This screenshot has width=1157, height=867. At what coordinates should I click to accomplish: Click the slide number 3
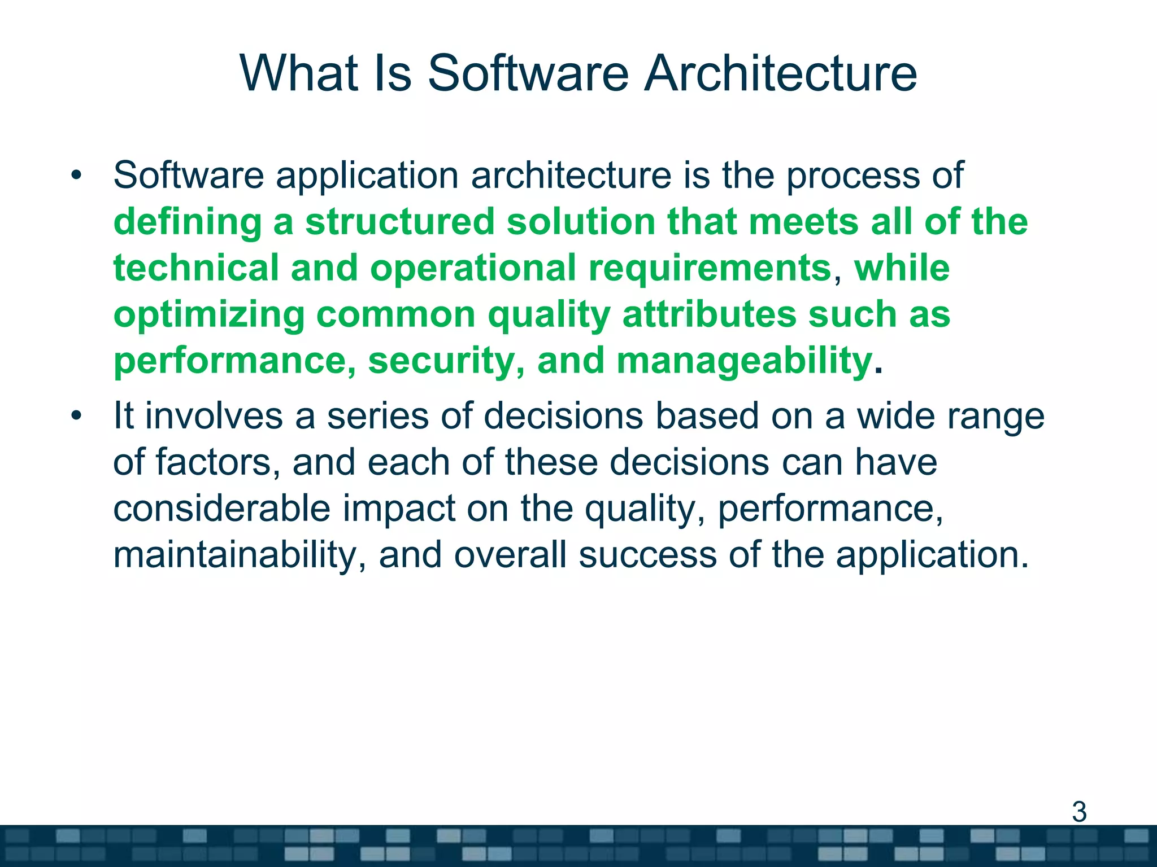pos(1079,812)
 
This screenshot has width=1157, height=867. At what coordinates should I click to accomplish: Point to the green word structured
pos(400,222)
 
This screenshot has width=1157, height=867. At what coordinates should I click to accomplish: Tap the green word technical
pos(195,268)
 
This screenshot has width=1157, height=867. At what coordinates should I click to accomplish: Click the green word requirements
pos(710,269)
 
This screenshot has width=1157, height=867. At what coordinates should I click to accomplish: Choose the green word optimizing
pos(208,315)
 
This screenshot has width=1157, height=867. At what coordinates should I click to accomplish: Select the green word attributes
pos(708,314)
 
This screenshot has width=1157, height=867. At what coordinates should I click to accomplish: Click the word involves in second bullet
pos(214,417)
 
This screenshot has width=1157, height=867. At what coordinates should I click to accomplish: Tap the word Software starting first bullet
pos(188,176)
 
